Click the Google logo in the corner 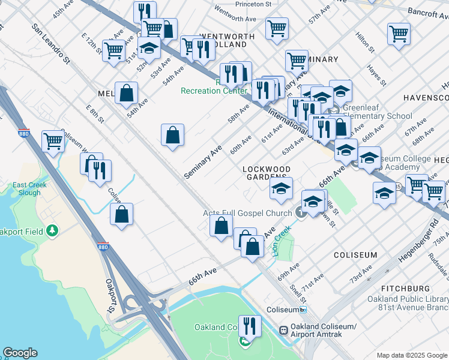tap(20, 353)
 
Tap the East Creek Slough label tap(21, 189)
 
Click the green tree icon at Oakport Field tap(53, 230)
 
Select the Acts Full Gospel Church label tap(247, 213)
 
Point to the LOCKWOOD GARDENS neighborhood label tap(267, 173)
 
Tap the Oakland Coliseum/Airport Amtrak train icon tap(284, 330)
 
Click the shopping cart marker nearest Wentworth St tap(277, 28)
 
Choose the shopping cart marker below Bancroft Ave tap(399, 34)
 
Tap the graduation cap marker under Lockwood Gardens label tap(281, 189)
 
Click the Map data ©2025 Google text tap(412, 355)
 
